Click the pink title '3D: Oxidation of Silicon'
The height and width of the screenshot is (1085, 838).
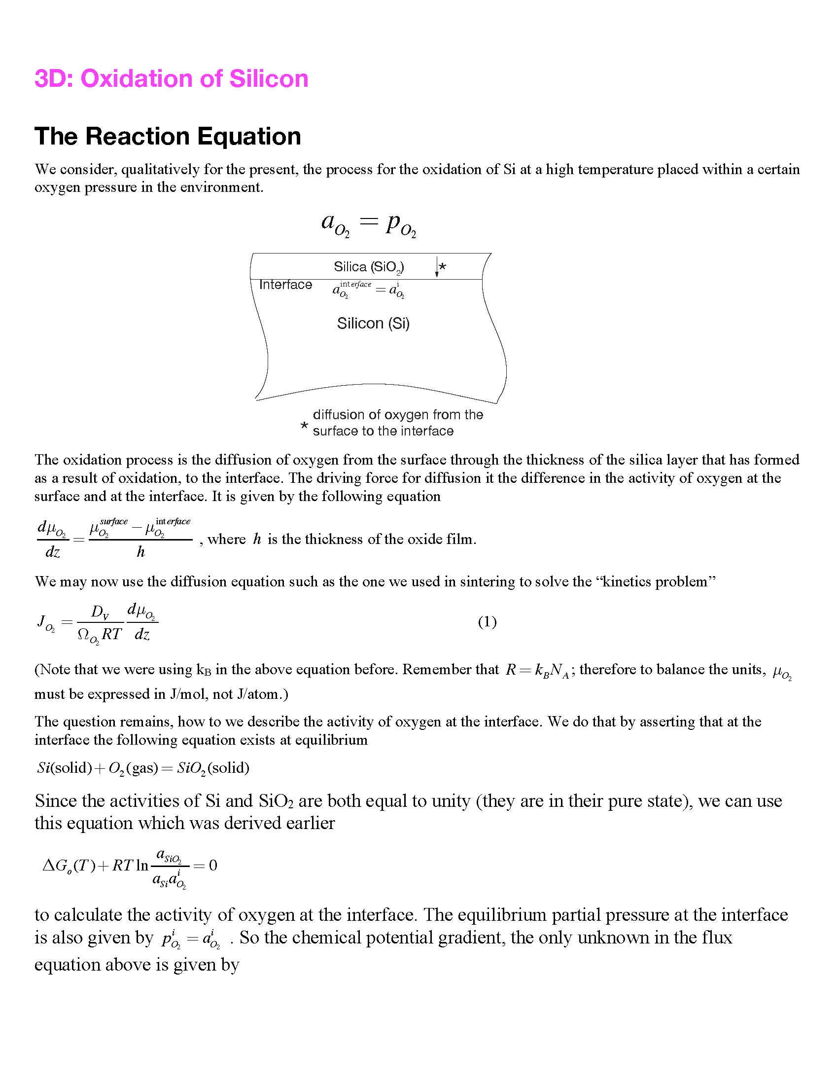pyautogui.click(x=171, y=79)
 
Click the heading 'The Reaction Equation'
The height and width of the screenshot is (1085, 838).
pyautogui.click(x=168, y=137)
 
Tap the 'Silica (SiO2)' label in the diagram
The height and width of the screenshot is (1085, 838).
pyautogui.click(x=368, y=267)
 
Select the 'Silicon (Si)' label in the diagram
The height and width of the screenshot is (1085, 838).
pyautogui.click(x=373, y=324)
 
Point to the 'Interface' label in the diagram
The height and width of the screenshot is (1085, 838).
pyautogui.click(x=285, y=285)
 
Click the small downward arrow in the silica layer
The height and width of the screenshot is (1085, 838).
pyautogui.click(x=436, y=267)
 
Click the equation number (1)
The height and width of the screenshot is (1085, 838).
pyautogui.click(x=487, y=622)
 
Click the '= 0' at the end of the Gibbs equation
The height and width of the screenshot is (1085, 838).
pyautogui.click(x=206, y=866)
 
